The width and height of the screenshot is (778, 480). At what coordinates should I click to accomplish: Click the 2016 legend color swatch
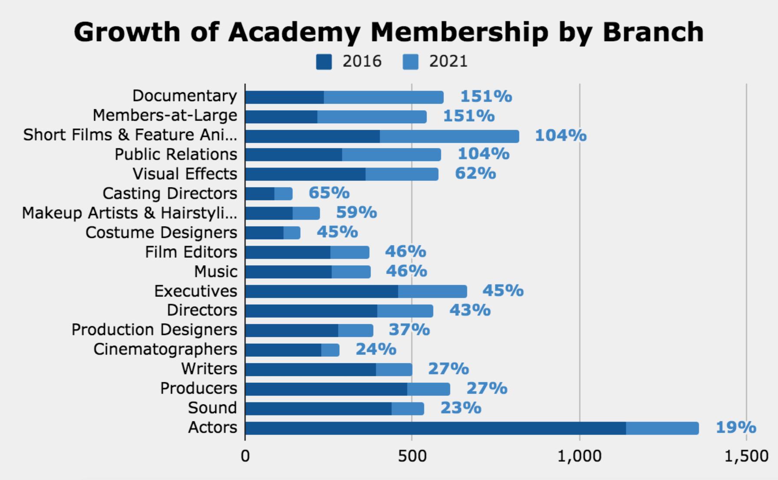coord(324,62)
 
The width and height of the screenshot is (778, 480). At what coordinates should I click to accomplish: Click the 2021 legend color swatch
coord(410,62)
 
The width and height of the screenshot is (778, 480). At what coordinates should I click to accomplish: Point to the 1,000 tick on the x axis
coord(580,456)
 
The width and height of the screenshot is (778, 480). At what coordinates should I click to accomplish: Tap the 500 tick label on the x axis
coord(412,456)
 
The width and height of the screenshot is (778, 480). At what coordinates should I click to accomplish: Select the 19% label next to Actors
coord(736,427)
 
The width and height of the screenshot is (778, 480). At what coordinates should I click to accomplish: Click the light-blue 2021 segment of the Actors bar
coord(662,428)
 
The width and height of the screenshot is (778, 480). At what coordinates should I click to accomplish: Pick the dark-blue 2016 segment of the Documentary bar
coord(284,97)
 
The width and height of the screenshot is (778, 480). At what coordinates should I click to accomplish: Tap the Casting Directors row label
coord(170,193)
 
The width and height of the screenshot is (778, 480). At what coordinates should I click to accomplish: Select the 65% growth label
coord(329,193)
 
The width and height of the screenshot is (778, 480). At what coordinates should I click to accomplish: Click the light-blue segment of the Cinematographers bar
coord(330,350)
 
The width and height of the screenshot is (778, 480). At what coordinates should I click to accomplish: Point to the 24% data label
coord(376,349)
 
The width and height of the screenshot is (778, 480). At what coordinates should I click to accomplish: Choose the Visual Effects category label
coord(185,174)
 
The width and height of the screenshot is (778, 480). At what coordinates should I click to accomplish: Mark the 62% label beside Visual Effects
coord(475,173)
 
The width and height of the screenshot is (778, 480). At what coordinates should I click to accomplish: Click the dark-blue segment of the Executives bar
coord(321,291)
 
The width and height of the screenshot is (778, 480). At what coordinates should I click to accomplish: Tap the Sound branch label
coord(212,408)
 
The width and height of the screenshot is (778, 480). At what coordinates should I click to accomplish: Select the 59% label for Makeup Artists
coord(356,212)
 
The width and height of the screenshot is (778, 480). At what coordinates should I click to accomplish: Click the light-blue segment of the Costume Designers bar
coord(292,233)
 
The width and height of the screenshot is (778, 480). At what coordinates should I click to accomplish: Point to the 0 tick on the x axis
coord(245,456)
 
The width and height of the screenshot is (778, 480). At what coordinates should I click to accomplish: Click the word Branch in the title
coord(653,32)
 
